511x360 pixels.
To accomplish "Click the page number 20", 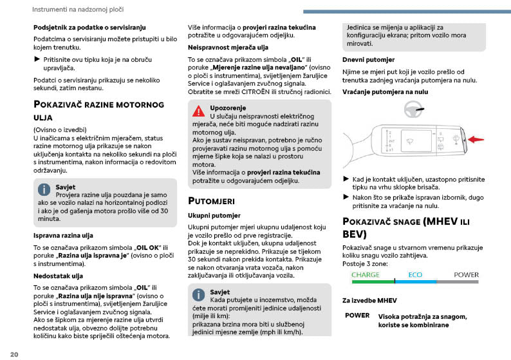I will tap(14, 354).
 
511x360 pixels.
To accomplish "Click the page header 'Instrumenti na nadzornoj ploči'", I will tap(78, 10).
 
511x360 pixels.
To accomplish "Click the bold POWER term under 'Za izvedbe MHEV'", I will tap(357, 316).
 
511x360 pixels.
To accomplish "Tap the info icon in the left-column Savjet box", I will tap(44, 189).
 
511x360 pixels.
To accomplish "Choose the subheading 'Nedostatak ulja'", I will tap(58, 276).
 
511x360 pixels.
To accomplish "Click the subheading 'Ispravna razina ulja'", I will tap(63, 235).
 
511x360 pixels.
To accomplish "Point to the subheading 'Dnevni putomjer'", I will tap(364, 59).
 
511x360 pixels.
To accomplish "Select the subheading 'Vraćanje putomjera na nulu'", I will tap(384, 92).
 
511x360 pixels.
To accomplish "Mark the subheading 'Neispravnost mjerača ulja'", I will tap(228, 47).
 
